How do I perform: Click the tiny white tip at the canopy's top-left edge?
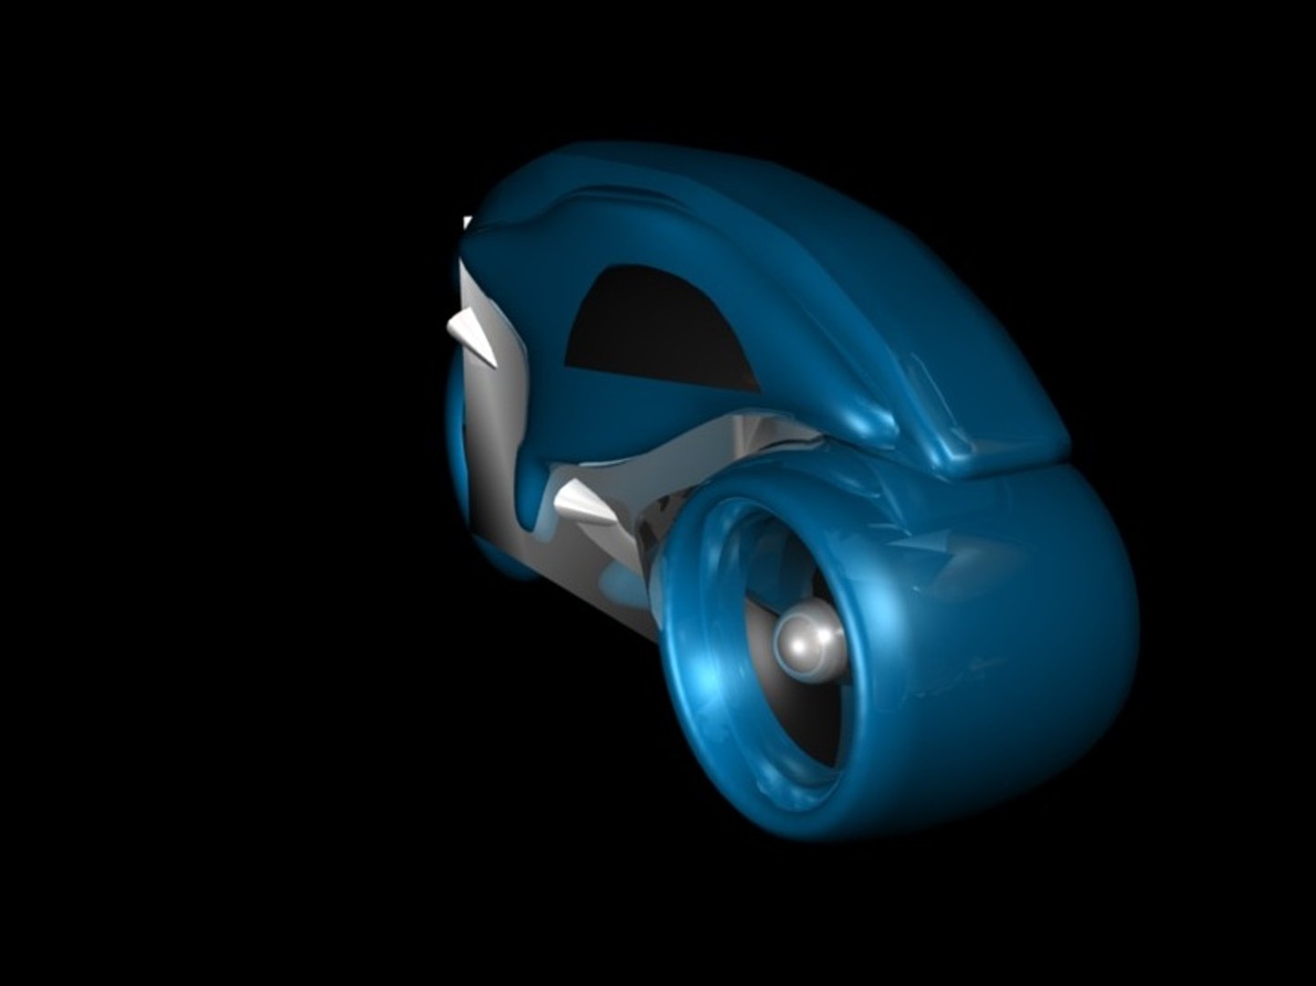click(467, 222)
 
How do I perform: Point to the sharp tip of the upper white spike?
click(447, 324)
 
